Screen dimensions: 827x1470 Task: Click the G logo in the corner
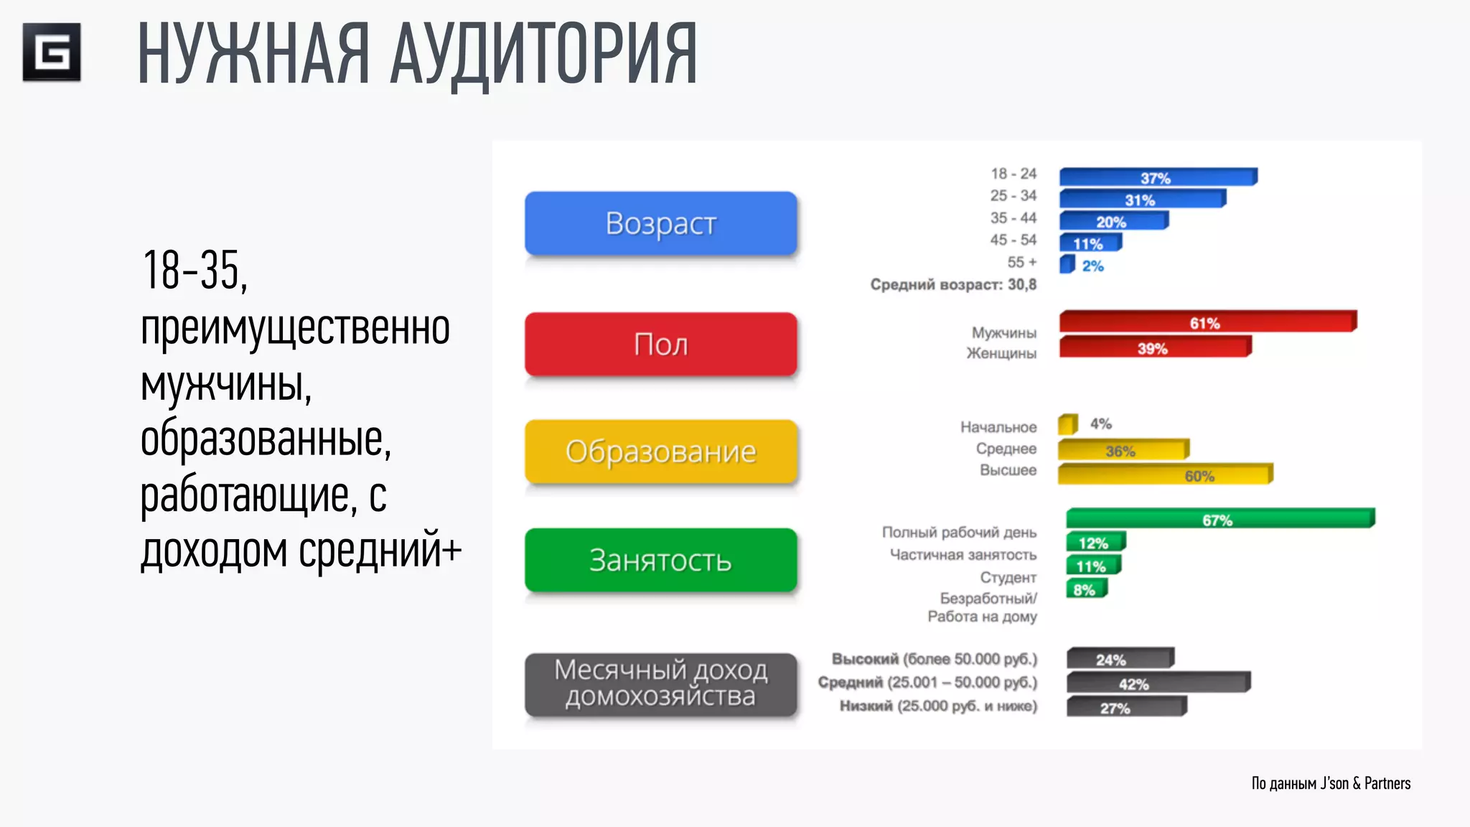(52, 52)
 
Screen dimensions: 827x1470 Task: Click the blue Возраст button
(660, 223)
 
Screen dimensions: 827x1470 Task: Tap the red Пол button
(660, 344)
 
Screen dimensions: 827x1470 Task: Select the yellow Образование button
(660, 452)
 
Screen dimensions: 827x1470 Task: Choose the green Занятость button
(660, 560)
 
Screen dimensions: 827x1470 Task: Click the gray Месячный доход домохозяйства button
(660, 683)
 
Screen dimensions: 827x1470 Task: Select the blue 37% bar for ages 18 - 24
(1157, 177)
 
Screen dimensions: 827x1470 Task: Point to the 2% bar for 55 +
(1067, 265)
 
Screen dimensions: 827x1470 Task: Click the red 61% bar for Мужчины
(1207, 322)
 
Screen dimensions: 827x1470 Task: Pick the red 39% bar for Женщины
(1154, 347)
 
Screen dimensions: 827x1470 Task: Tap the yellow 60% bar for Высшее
(1164, 475)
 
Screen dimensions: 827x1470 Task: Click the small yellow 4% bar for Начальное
(1067, 424)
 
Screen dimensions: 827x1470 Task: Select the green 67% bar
(1219, 519)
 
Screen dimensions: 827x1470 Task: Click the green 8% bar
(1086, 589)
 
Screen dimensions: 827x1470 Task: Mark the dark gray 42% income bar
(1157, 683)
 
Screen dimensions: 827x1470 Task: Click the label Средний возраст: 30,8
(953, 284)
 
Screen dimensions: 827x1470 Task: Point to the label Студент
(1008, 577)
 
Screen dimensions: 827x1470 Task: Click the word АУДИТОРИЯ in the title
(543, 55)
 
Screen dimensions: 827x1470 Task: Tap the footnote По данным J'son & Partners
(1331, 783)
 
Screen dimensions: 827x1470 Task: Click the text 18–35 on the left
(194, 271)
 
